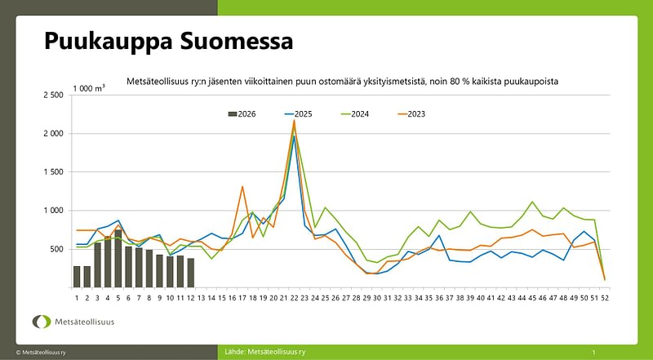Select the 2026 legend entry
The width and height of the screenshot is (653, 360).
242,113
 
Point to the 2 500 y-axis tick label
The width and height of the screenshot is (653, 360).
52,96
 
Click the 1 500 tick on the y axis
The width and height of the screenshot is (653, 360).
52,172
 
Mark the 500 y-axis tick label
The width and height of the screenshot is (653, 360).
56,249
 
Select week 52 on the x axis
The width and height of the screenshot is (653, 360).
605,298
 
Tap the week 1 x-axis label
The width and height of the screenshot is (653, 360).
77,298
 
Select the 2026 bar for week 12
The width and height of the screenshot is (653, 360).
191,273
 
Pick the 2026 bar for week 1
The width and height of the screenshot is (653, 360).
77,277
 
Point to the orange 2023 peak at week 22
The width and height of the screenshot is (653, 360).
294,121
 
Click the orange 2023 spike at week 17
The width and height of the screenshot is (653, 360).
242,187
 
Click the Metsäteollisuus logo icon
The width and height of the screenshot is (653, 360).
40,322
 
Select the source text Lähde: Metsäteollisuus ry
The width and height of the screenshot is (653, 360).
265,352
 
